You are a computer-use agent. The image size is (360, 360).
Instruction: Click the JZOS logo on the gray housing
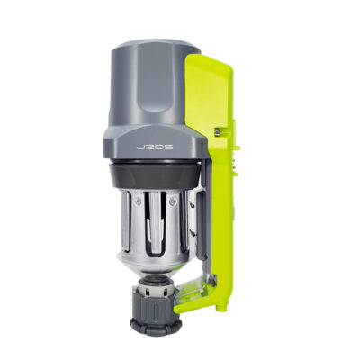(155, 148)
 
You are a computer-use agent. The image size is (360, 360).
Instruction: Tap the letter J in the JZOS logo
(140, 148)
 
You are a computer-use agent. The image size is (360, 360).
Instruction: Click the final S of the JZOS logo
(169, 148)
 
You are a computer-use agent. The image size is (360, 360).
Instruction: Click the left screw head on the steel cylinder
(138, 202)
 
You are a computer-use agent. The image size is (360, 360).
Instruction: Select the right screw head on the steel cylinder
(172, 202)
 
